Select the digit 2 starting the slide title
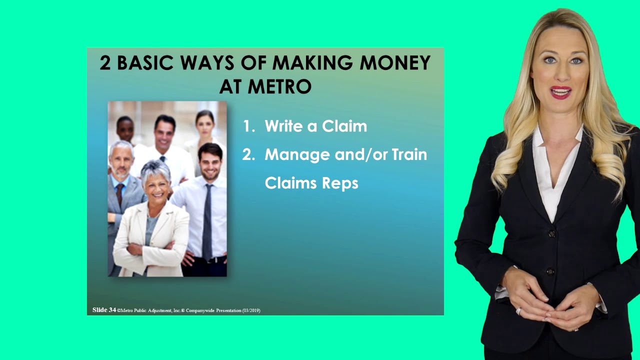[104, 63]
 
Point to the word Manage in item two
[297, 155]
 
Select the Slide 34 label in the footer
[104, 310]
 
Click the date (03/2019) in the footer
[251, 310]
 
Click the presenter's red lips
[560, 92]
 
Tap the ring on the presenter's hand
[518, 311]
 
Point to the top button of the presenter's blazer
[551, 233]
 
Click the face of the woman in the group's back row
[204, 124]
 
